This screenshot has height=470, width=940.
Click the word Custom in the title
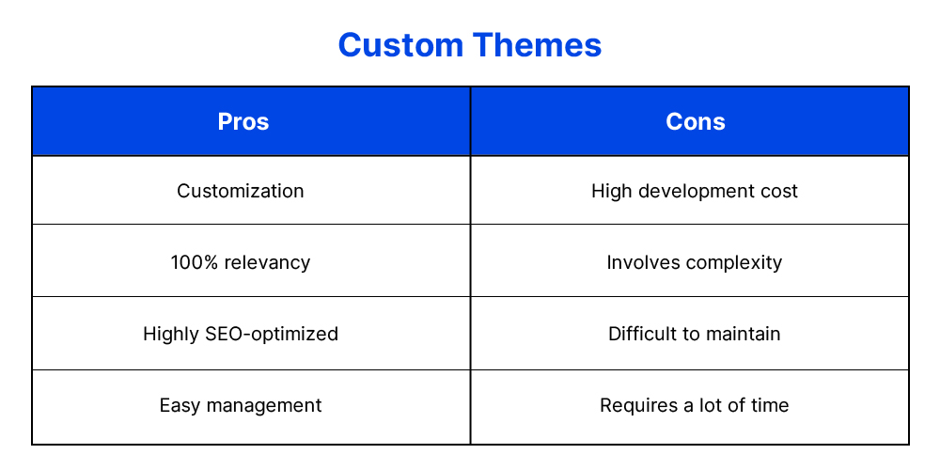click(x=400, y=45)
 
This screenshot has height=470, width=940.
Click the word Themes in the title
click(x=537, y=45)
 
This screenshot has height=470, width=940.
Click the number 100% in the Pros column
click(x=190, y=262)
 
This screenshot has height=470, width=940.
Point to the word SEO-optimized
click(x=272, y=334)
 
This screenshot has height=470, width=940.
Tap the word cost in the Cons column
click(x=780, y=191)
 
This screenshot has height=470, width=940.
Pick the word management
click(x=264, y=406)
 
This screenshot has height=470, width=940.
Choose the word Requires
click(x=639, y=406)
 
